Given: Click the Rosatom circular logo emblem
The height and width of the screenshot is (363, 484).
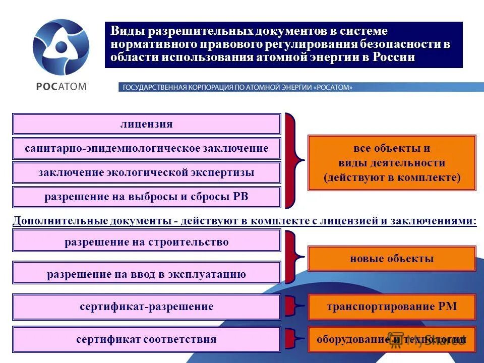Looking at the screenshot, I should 61,47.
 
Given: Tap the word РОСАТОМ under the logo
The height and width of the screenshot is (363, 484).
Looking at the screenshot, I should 61,86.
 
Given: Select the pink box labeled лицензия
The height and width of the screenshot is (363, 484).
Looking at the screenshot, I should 146,124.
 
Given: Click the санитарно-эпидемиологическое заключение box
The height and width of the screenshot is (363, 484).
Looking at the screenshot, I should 146,148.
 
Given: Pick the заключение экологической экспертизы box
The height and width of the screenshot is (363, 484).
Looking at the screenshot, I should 146,172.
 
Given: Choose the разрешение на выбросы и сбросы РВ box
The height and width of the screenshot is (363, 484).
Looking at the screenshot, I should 146,197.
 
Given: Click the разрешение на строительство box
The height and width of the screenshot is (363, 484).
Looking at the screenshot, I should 146,242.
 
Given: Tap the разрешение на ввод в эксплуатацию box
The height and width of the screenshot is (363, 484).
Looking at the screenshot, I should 146,274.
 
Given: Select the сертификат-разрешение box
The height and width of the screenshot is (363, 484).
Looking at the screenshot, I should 146,307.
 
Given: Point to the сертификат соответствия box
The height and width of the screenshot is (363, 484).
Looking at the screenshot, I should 146,339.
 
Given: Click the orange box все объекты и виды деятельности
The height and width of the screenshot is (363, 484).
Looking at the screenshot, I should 392,162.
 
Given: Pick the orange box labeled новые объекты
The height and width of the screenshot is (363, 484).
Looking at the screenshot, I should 392,259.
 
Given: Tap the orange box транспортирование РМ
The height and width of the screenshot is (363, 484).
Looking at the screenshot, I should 392,307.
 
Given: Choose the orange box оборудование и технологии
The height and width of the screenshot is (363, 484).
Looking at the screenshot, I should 392,339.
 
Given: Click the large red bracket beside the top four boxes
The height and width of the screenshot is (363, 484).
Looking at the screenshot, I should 293,161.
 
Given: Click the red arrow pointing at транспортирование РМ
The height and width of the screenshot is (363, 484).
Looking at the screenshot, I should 294,307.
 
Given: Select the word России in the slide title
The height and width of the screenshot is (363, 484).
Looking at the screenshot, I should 394,57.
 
